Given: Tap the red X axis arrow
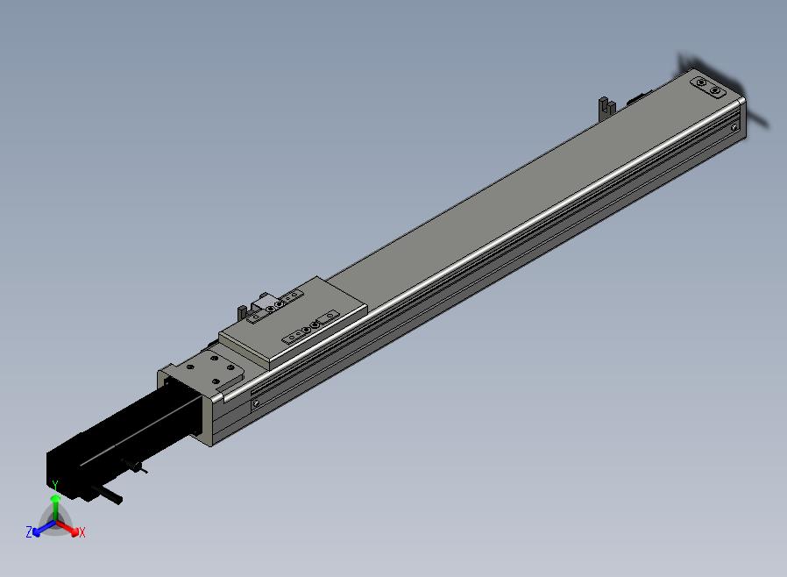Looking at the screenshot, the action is (x=67, y=528).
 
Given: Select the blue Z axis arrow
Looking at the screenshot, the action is (x=43, y=528).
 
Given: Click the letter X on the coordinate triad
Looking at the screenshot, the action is (x=82, y=532).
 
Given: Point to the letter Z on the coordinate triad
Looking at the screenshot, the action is (x=29, y=531).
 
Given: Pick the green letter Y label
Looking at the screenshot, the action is (x=55, y=486).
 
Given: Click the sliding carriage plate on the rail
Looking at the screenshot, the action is (x=294, y=322).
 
